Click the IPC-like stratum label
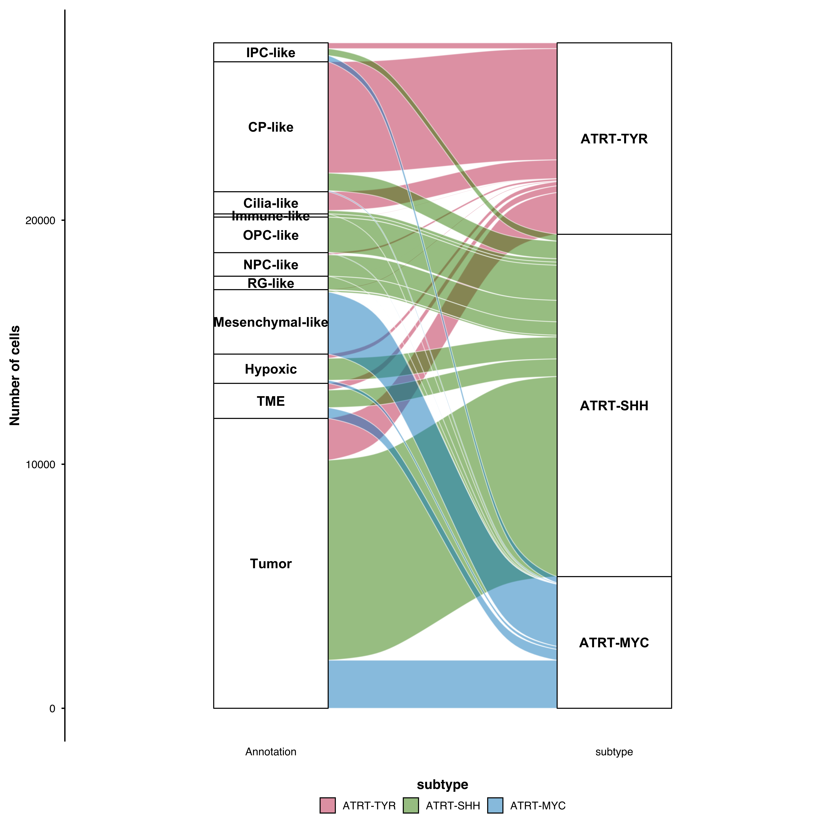click(271, 53)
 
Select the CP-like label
click(271, 127)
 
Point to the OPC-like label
click(271, 235)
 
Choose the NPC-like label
click(271, 265)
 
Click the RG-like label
click(271, 284)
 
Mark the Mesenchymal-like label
click(271, 322)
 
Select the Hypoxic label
click(271, 369)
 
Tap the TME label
click(271, 401)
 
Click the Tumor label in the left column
click(271, 564)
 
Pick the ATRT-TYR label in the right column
click(614, 139)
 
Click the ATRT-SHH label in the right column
click(614, 406)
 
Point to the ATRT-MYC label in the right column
click(614, 643)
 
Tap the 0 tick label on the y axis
click(52, 708)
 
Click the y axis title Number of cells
click(15, 375)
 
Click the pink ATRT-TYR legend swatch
click(327, 806)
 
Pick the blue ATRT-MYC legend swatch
click(495, 806)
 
